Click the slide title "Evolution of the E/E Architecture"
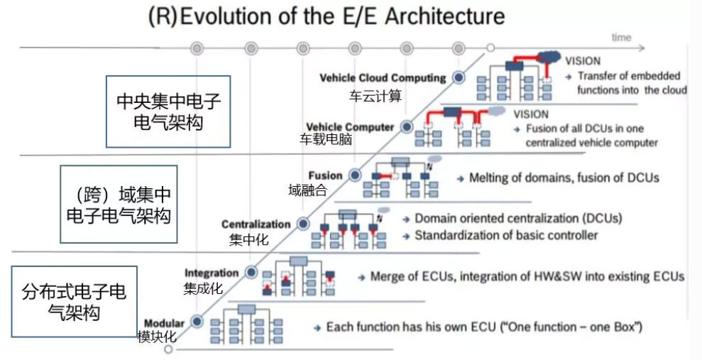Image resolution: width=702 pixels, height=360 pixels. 342,16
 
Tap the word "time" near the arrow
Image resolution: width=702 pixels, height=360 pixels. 621,38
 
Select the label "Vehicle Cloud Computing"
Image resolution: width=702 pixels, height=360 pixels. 383,78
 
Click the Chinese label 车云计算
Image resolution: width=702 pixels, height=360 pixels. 375,96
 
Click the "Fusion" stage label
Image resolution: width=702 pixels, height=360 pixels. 325,175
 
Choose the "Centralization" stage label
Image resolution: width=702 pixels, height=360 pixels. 256,224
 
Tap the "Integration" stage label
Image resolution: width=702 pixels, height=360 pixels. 212,273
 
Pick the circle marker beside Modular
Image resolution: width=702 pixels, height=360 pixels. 197,322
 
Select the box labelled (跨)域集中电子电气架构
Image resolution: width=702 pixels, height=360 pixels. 119,204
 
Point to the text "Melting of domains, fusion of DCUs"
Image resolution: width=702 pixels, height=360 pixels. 564,178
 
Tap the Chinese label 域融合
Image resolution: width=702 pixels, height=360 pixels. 308,190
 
